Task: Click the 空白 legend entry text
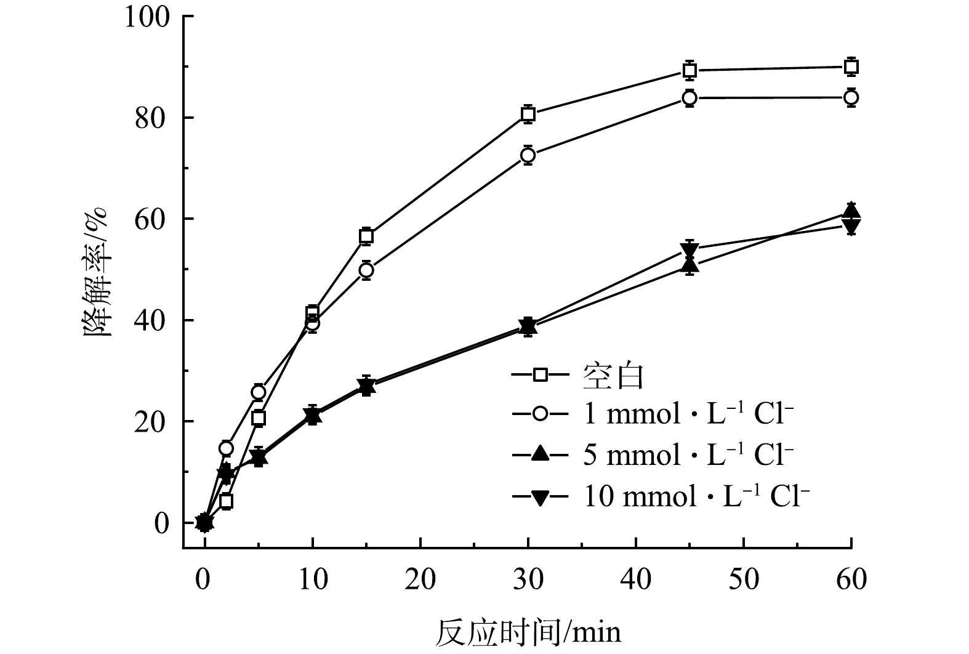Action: point(613,376)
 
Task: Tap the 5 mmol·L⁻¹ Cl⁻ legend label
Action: point(688,455)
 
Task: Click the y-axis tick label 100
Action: point(147,17)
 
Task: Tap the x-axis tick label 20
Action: point(420,579)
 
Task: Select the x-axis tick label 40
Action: point(636,579)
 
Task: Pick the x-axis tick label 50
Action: point(744,579)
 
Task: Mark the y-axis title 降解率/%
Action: point(97,271)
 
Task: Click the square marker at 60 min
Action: point(851,67)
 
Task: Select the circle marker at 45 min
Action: point(690,98)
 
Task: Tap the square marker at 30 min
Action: point(528,114)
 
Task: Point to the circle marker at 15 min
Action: point(366,270)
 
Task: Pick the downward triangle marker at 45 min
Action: point(690,249)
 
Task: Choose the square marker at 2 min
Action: point(226,501)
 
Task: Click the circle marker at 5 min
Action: point(259,392)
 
